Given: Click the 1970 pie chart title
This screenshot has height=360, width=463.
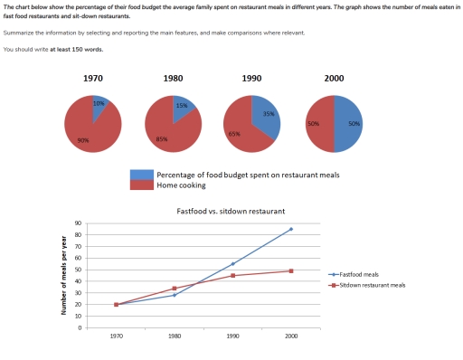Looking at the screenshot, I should tap(93, 79).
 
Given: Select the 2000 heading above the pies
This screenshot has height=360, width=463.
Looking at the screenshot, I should tap(334, 79).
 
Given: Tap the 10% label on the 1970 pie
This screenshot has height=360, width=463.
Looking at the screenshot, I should tap(99, 104).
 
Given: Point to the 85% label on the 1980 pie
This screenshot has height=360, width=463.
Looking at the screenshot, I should tap(163, 138).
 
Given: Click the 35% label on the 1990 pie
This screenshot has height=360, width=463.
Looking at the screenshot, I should tap(269, 115).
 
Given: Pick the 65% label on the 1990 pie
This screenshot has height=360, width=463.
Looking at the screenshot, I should tap(234, 134).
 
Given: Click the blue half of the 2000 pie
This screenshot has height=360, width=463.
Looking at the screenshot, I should tap(349, 124).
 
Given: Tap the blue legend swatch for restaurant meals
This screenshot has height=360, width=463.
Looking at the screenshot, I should tap(141, 174).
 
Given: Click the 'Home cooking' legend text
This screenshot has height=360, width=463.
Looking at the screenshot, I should tap(179, 185).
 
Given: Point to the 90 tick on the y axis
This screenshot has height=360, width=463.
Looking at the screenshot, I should tap(80, 223).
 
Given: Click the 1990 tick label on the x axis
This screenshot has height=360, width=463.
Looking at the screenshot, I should tap(232, 336).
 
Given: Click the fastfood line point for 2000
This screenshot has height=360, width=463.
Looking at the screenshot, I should tap(290, 229).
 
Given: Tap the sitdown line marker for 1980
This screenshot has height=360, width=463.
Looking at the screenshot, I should tap(175, 289).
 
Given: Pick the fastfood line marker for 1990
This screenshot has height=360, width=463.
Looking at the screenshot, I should tap(232, 264).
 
